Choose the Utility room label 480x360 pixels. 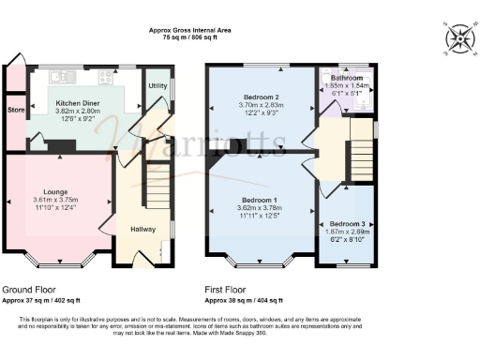click(157, 85)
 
